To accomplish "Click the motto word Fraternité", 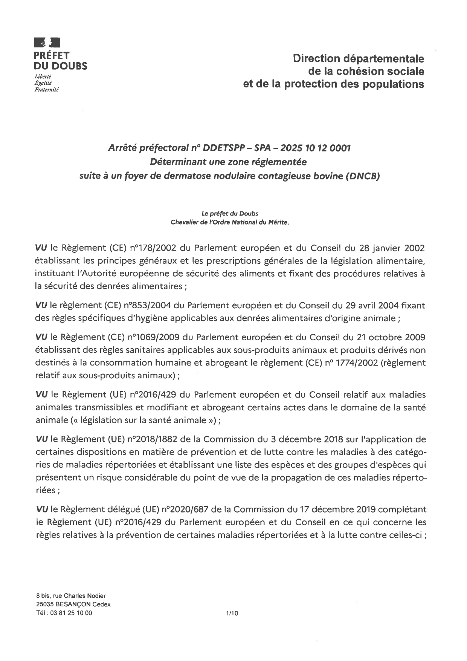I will click(x=47, y=89).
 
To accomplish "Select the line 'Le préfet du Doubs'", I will click(x=230, y=214).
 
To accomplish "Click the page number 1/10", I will click(x=232, y=613).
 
